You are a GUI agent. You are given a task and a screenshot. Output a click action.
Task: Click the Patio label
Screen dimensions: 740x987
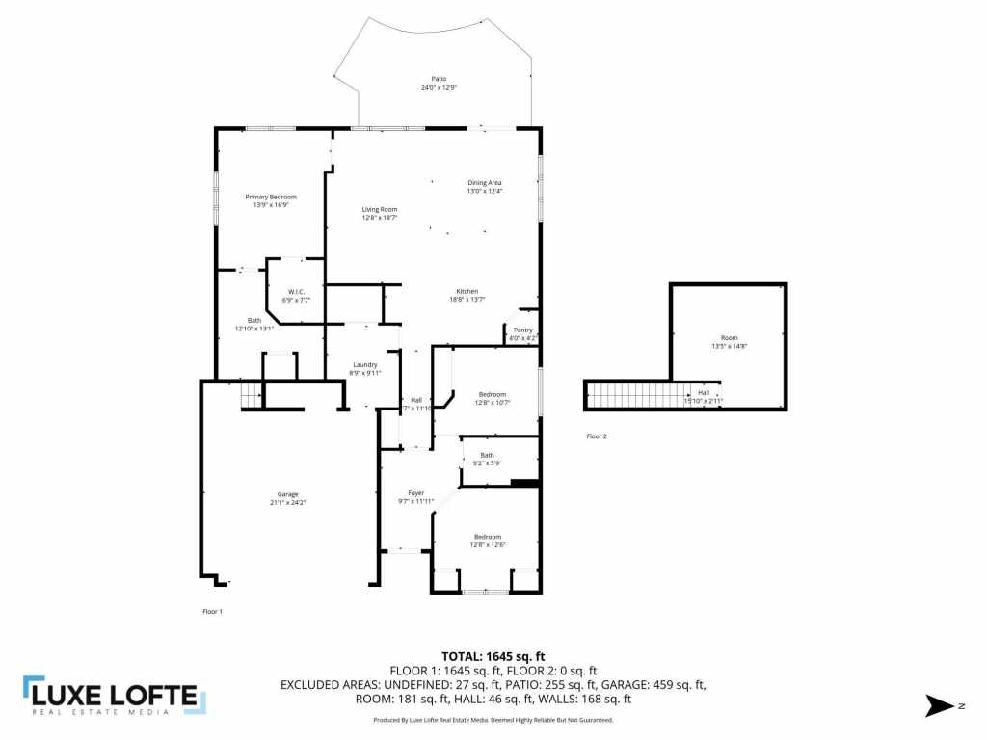439,79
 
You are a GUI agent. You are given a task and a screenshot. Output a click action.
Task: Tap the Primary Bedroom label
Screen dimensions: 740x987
270,197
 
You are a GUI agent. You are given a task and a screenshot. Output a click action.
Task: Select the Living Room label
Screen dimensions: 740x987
379,209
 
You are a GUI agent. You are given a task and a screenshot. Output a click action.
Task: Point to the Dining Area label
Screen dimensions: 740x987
485,182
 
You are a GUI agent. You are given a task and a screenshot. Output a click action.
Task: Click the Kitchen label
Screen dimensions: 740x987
467,291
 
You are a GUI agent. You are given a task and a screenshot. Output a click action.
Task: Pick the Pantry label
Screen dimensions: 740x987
522,330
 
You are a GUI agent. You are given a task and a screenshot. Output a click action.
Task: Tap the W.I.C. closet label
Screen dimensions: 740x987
297,292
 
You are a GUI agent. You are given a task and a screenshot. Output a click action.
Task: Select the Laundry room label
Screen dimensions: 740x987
365,364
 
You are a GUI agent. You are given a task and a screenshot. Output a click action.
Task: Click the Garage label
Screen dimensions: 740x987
288,494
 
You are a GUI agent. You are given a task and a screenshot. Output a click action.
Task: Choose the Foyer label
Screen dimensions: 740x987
416,493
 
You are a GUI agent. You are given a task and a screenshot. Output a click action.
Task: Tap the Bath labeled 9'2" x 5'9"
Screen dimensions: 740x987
488,455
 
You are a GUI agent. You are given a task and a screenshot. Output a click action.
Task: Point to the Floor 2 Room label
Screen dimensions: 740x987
730,338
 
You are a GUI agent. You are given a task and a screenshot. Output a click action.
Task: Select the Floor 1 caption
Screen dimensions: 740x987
212,611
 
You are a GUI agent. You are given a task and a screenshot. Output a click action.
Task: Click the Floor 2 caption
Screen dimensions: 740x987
597,436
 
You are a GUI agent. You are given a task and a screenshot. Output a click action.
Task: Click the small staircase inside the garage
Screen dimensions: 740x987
251,395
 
